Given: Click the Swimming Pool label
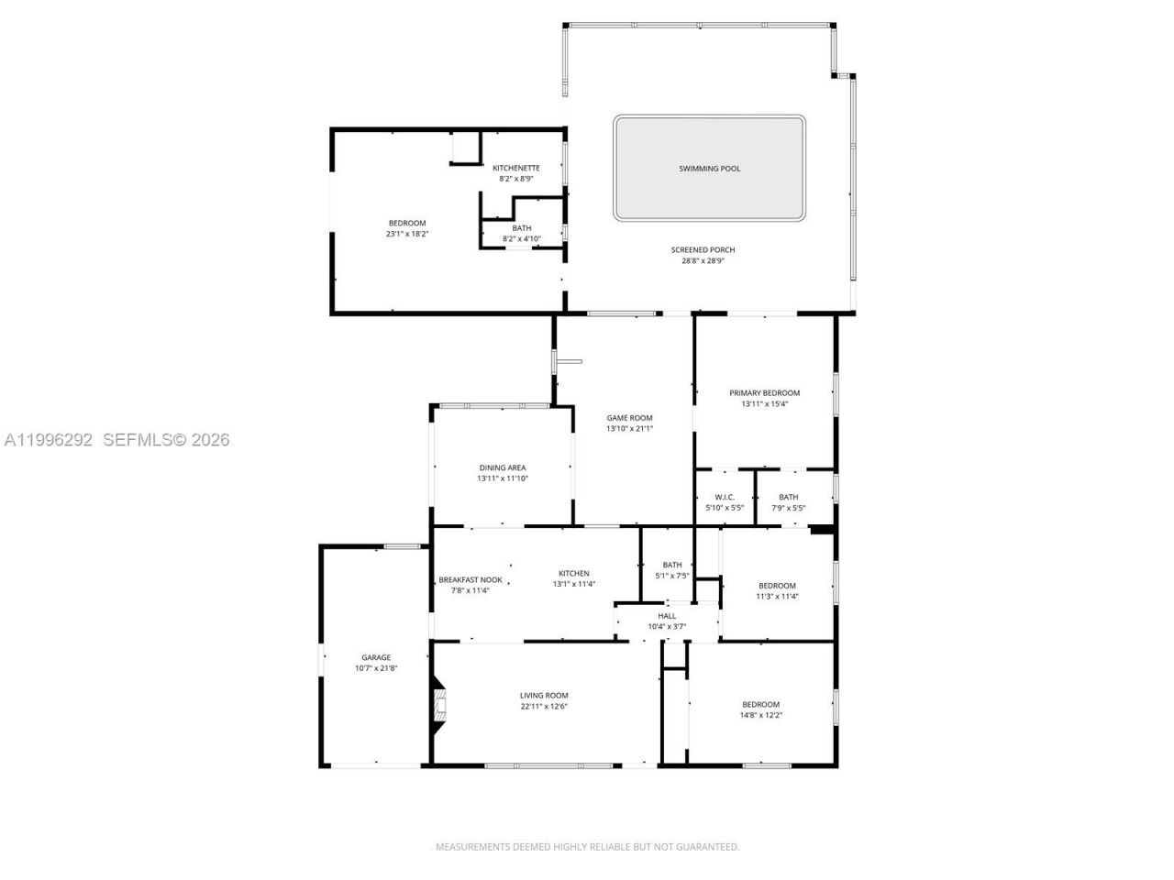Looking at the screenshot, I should [709, 169].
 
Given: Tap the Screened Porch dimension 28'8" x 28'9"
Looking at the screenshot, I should [703, 261].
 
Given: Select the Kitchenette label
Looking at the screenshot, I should [515, 168].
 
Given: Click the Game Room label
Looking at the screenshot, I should [629, 418].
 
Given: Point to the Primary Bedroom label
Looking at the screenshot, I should [764, 393].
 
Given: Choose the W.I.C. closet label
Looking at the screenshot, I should [725, 497].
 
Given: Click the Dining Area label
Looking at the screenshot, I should [502, 467].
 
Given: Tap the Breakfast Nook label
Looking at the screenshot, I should [470, 579].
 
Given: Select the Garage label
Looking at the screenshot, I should [376, 657].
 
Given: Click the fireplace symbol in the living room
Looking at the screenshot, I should [440, 707].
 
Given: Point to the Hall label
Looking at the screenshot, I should [667, 616].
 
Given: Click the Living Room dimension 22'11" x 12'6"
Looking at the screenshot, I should [544, 706].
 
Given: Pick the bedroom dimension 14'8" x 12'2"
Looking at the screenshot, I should [760, 715].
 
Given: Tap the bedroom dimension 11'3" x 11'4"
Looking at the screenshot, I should [776, 597].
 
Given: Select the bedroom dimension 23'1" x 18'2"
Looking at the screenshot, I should [407, 234].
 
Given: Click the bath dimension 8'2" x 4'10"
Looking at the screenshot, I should [521, 239].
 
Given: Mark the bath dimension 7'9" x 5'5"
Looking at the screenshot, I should [788, 508].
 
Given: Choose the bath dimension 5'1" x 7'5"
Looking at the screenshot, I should [671, 576].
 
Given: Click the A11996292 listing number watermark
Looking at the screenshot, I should [49, 440].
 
